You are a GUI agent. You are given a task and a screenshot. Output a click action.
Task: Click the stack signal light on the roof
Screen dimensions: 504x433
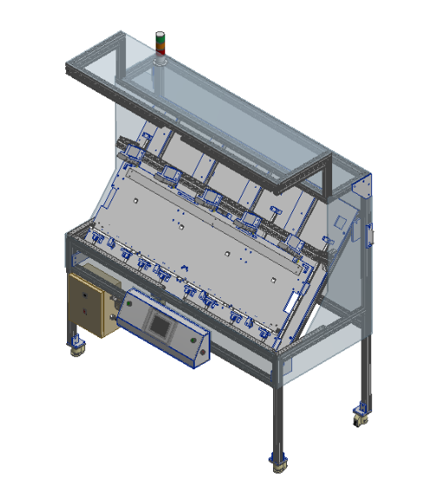(x=160, y=43)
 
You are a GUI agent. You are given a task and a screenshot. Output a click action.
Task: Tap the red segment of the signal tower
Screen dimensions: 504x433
(x=160, y=36)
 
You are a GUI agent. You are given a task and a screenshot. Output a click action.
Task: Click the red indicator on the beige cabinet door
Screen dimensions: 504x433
(x=84, y=311)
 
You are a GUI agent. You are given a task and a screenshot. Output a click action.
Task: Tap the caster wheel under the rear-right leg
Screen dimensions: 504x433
(x=359, y=415)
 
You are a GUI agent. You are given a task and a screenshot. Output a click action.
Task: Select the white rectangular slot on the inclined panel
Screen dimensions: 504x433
(x=292, y=302)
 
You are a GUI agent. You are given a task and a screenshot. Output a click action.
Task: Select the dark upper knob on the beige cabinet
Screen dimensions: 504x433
(x=84, y=294)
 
